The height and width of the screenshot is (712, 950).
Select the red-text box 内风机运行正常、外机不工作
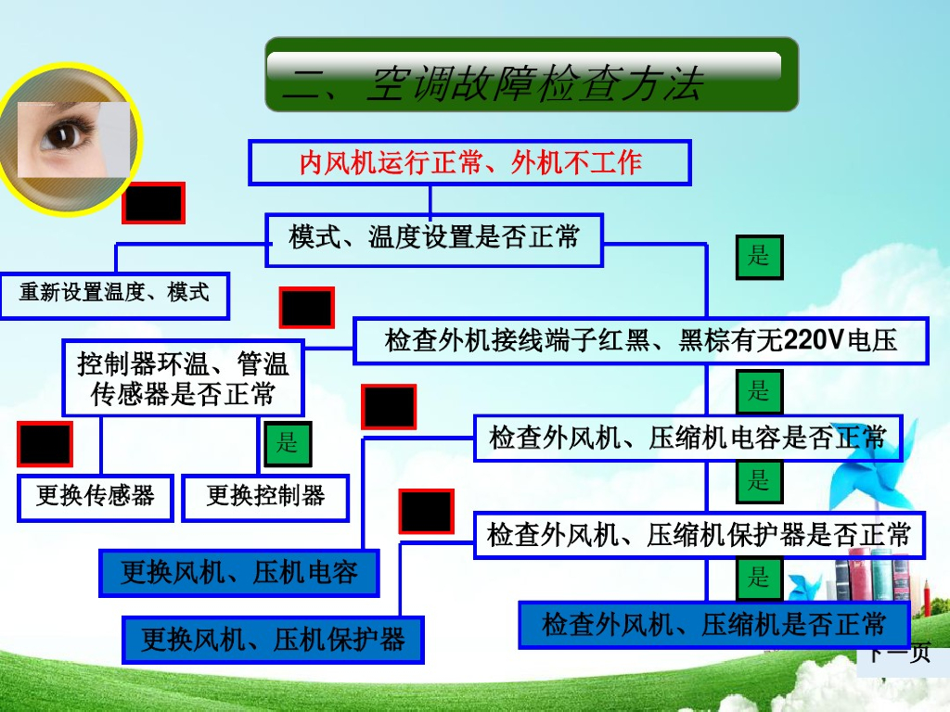click(x=469, y=163)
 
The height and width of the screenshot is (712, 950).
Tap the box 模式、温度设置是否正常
click(x=434, y=238)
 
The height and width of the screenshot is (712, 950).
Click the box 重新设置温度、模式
click(x=114, y=294)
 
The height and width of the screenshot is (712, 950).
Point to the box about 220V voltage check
click(x=641, y=340)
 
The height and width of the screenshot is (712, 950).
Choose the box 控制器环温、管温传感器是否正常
click(x=183, y=377)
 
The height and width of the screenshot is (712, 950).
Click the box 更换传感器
click(x=96, y=497)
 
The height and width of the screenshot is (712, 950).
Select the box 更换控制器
click(x=265, y=497)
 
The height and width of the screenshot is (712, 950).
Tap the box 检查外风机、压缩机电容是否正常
click(x=687, y=438)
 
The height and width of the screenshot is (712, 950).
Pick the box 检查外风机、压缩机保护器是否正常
click(x=699, y=534)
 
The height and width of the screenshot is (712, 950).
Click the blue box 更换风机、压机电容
click(x=239, y=572)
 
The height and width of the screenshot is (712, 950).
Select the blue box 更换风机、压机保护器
click(x=273, y=640)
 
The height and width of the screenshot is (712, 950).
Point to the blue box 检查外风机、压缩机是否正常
click(x=713, y=624)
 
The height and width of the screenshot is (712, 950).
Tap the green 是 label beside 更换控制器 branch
click(x=288, y=444)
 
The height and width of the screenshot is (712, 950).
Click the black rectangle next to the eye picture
click(x=154, y=203)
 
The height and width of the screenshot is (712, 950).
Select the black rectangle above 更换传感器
click(x=44, y=444)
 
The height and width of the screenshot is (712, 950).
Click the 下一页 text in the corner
click(x=899, y=655)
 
